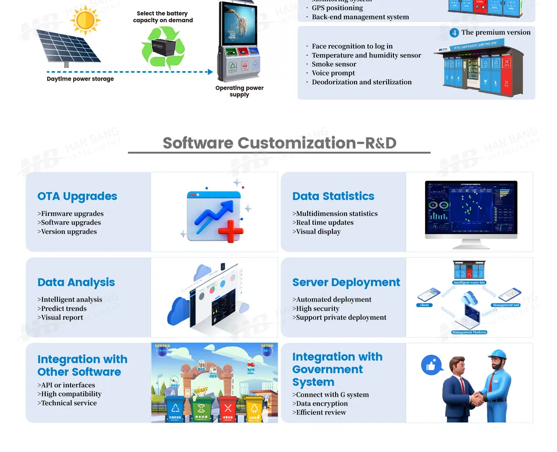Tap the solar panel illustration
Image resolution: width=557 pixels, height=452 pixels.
68,47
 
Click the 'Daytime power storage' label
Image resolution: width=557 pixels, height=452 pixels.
80,79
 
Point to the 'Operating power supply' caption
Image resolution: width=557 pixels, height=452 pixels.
239,91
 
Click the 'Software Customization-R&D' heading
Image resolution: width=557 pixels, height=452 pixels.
279,143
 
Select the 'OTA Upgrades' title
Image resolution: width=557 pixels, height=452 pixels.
77,196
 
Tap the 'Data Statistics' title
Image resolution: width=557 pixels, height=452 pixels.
333,196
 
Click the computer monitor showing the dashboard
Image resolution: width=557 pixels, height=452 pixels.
471,210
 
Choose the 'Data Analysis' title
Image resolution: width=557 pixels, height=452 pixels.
76,282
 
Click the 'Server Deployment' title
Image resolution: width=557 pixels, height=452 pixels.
346,282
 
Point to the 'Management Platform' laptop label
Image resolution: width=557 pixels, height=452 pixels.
469,332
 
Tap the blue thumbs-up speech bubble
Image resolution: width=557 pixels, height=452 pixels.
431,365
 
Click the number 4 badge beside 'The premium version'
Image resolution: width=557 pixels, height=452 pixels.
454,33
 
